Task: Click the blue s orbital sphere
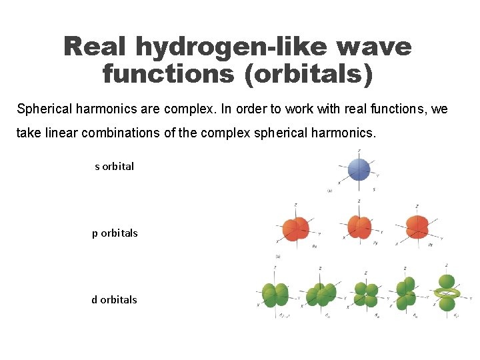point(359,169)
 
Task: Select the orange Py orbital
point(359,227)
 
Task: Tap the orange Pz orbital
point(417,227)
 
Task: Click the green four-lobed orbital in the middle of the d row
point(365,295)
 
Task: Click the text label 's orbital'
point(114,167)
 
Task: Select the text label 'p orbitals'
point(115,233)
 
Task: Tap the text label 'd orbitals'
point(114,300)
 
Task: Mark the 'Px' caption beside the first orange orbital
point(314,246)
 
